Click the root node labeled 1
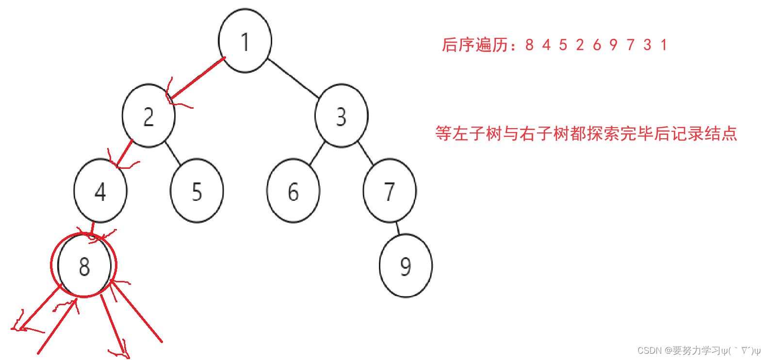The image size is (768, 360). click(245, 41)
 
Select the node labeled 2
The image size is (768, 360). click(148, 116)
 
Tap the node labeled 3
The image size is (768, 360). click(341, 116)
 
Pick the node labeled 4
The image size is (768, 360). click(100, 191)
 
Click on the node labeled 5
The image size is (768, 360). click(196, 191)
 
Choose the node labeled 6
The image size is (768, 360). click(293, 191)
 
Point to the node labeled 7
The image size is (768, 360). click(389, 191)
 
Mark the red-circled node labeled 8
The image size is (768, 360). click(84, 266)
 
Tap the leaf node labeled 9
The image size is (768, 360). click(406, 266)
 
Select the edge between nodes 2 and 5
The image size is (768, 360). click(173, 153)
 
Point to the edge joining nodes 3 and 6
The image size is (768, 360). click(317, 153)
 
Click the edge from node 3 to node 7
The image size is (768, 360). click(366, 153)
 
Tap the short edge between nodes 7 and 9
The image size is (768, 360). click(397, 228)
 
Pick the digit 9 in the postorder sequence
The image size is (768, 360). click(614, 45)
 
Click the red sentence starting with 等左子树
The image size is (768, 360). click(586, 133)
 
